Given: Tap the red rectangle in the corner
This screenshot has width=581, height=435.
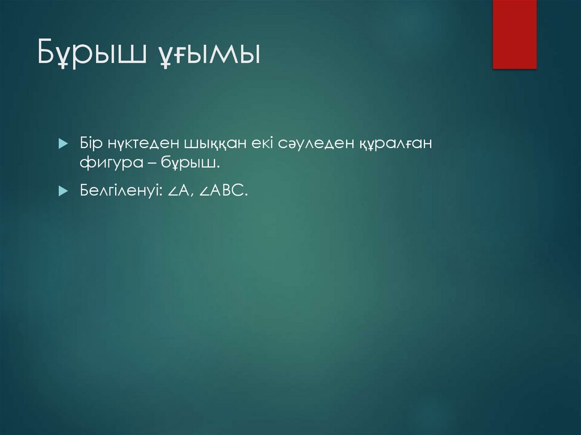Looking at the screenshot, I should coord(514,34).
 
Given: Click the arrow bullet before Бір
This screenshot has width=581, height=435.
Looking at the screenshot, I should coord(63,143).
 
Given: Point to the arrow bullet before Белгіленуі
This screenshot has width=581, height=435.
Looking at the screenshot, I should coord(63,192).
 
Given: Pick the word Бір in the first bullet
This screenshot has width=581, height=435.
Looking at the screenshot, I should coord(90,143).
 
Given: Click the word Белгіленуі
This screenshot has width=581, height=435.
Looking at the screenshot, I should coord(121,192).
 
